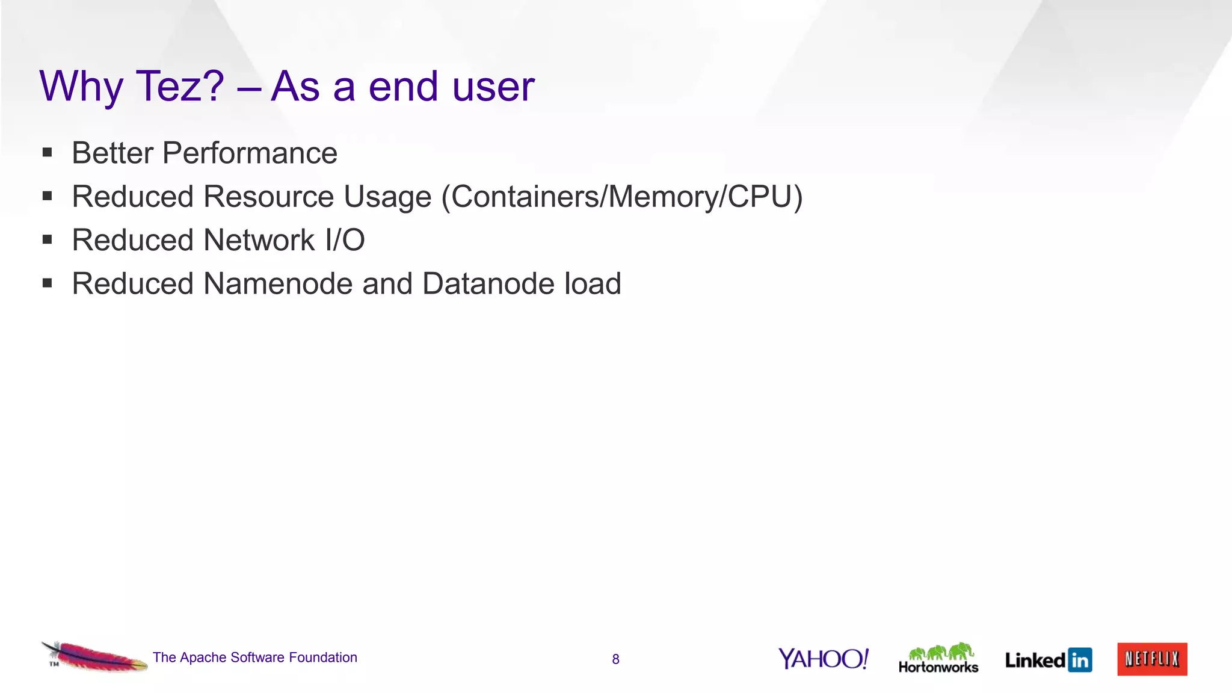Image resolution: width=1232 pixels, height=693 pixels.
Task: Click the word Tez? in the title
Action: pyautogui.click(x=180, y=86)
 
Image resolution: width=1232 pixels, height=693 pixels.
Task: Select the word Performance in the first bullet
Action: pyautogui.click(x=250, y=153)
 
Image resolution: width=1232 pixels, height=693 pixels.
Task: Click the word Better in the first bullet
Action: pyautogui.click(x=112, y=153)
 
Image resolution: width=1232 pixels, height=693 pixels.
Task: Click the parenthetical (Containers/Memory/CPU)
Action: pyautogui.click(x=622, y=197)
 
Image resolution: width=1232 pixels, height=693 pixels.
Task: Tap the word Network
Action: pyautogui.click(x=259, y=240)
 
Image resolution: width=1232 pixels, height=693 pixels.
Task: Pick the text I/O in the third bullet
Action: pyautogui.click(x=345, y=240)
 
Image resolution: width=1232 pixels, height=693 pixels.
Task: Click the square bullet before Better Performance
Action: pyautogui.click(x=48, y=153)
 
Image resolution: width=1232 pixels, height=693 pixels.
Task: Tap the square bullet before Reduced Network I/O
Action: pyautogui.click(x=48, y=240)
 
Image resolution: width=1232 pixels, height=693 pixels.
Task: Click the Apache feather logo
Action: pyautogui.click(x=94, y=657)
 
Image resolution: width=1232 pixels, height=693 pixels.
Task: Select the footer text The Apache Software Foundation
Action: pyautogui.click(x=255, y=658)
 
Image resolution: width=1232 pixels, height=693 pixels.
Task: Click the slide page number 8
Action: pyautogui.click(x=615, y=659)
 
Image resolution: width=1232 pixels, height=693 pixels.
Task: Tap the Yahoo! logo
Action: pyautogui.click(x=824, y=659)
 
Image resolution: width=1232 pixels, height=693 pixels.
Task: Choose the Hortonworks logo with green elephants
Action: pyautogui.click(x=938, y=658)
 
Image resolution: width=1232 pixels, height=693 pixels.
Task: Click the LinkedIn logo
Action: pyautogui.click(x=1049, y=660)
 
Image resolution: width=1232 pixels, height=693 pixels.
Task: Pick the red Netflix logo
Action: pyautogui.click(x=1152, y=659)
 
